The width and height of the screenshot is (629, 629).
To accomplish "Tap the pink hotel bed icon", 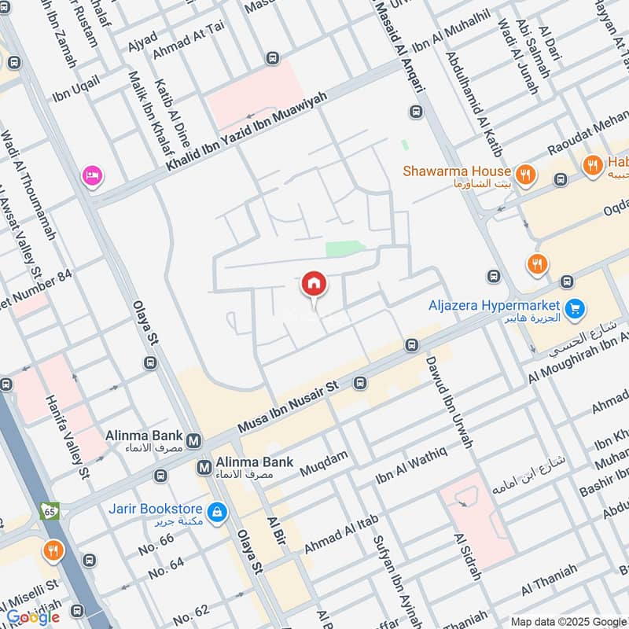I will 92,176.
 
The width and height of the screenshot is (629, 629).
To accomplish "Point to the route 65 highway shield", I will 50,510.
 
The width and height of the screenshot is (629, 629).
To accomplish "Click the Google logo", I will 33,616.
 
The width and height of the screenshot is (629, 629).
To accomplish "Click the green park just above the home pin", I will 345,248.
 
